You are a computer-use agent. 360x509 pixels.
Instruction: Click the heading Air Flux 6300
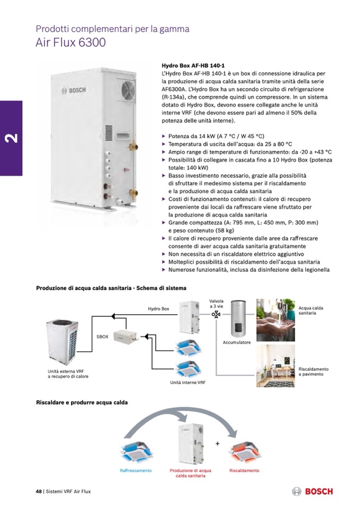[71, 42]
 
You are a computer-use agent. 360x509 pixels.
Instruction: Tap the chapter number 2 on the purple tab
[11, 139]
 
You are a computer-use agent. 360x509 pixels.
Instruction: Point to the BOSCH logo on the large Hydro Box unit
[74, 90]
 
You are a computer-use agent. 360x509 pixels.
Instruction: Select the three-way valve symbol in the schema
[216, 314]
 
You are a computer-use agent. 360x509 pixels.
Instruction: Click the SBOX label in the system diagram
[102, 337]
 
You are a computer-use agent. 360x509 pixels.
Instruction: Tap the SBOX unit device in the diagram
[126, 337]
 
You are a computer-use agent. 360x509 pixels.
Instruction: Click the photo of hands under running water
[276, 320]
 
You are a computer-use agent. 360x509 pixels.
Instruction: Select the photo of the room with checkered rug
[276, 366]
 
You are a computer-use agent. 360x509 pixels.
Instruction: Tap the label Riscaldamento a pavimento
[313, 372]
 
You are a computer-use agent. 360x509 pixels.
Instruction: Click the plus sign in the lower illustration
[218, 443]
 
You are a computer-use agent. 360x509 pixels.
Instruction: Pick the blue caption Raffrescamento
[136, 470]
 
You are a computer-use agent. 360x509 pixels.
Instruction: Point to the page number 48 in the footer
[39, 491]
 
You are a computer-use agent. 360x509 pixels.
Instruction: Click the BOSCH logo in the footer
[312, 491]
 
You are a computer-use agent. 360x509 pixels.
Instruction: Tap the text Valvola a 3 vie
[216, 304]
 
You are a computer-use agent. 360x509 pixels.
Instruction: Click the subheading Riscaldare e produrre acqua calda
[82, 402]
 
